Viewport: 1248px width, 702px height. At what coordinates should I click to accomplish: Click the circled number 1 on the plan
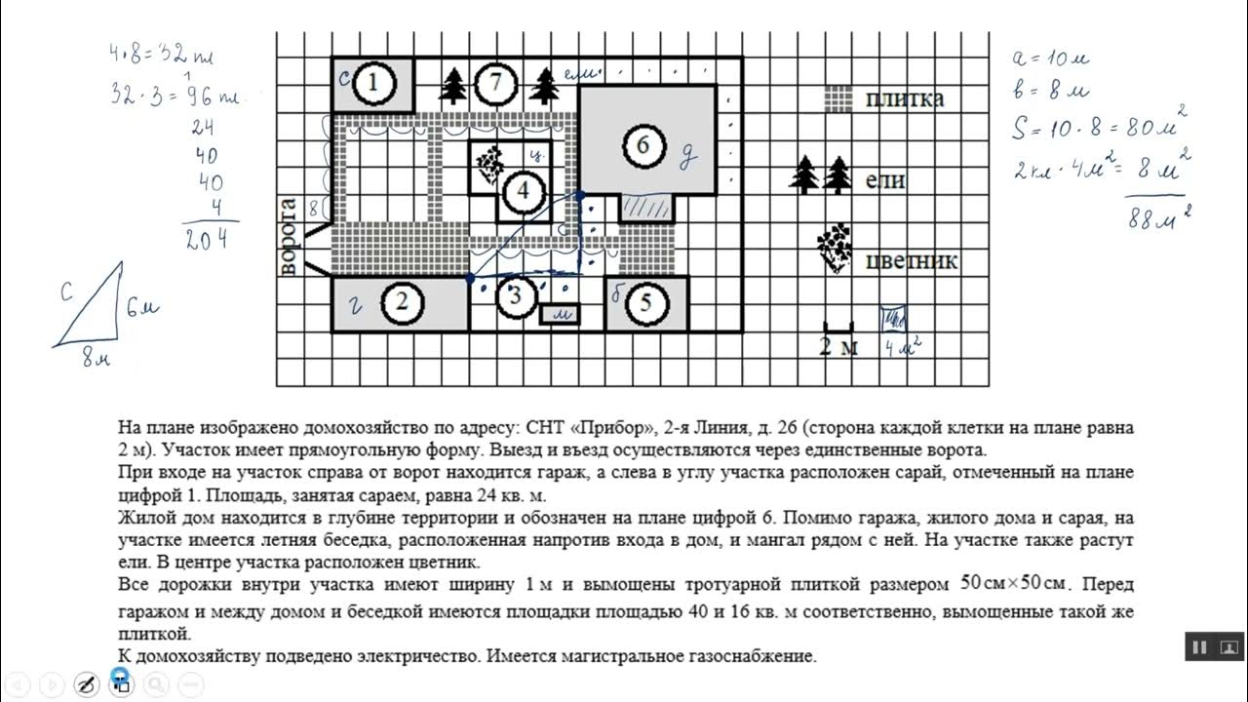373,84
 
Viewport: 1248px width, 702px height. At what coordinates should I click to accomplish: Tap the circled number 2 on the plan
402,303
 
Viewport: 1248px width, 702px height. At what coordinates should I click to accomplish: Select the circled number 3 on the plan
516,296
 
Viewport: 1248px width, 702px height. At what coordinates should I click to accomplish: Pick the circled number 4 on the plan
524,190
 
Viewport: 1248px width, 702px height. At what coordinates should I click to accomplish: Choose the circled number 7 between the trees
495,84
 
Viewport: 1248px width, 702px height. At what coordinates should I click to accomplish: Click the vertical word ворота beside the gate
289,237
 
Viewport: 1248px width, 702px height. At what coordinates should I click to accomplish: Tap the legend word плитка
904,98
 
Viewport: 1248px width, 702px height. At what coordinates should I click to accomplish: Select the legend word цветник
911,261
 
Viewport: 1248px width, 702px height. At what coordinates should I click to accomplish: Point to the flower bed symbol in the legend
835,248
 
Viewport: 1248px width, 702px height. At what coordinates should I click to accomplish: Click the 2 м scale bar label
838,347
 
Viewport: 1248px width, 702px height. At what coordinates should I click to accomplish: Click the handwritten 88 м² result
1158,218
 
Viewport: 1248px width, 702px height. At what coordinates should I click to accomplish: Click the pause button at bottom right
1200,646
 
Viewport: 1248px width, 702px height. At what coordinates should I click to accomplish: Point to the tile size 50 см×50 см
1015,585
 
